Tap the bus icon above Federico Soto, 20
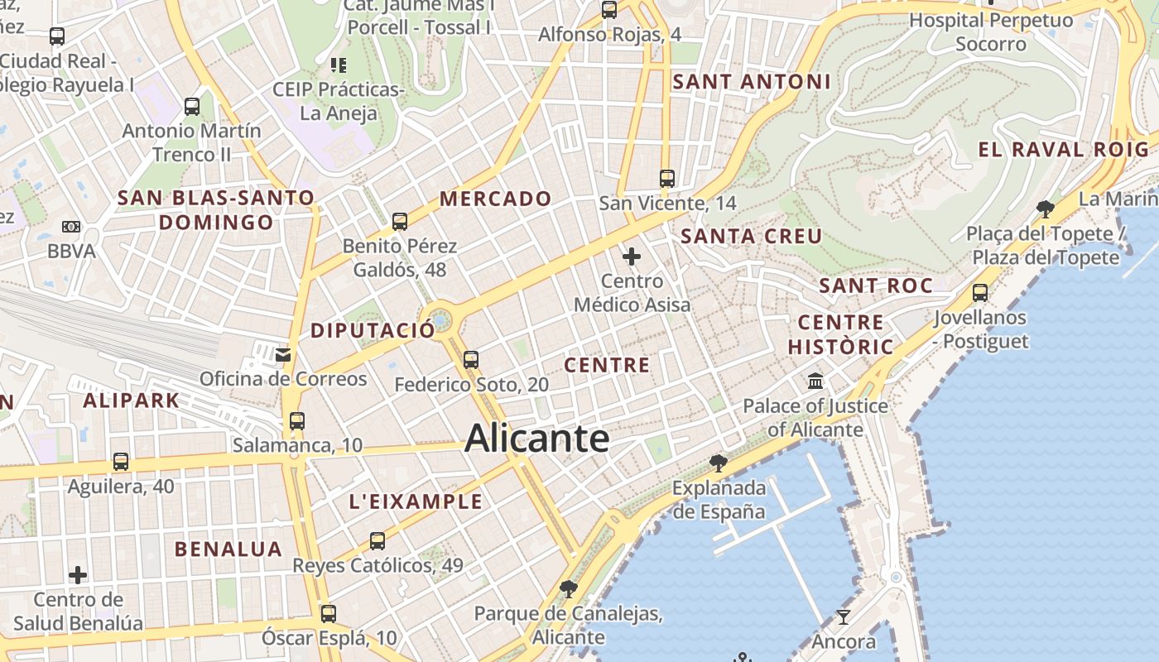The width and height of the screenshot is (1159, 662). (x=471, y=360)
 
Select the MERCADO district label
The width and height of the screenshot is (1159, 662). (x=495, y=199)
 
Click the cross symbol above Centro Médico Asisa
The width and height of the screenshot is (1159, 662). (x=632, y=257)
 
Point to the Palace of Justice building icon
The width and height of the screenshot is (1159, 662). (x=815, y=381)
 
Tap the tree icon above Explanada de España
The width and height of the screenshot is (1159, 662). (x=719, y=463)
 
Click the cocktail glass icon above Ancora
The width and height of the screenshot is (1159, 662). (x=843, y=617)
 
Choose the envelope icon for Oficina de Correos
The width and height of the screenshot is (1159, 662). (x=283, y=355)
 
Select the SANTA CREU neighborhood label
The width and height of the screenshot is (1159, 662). (x=751, y=237)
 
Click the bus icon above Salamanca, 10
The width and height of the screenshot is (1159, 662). (x=297, y=421)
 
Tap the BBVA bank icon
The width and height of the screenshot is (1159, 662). (x=71, y=227)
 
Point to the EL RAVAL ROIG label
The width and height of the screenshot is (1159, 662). (x=1064, y=150)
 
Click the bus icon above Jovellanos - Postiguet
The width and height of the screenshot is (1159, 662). (x=980, y=293)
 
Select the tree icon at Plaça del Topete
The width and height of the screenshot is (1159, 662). (x=1045, y=209)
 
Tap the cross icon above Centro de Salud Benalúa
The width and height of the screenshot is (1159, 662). (x=78, y=574)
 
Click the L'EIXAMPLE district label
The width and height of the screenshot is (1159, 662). (x=416, y=501)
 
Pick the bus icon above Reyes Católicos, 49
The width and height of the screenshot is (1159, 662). (x=378, y=541)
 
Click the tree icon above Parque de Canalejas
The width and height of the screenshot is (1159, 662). (x=568, y=589)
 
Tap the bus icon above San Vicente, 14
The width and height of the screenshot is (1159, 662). (x=666, y=178)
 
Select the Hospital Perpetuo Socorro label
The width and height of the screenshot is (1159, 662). (x=991, y=31)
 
